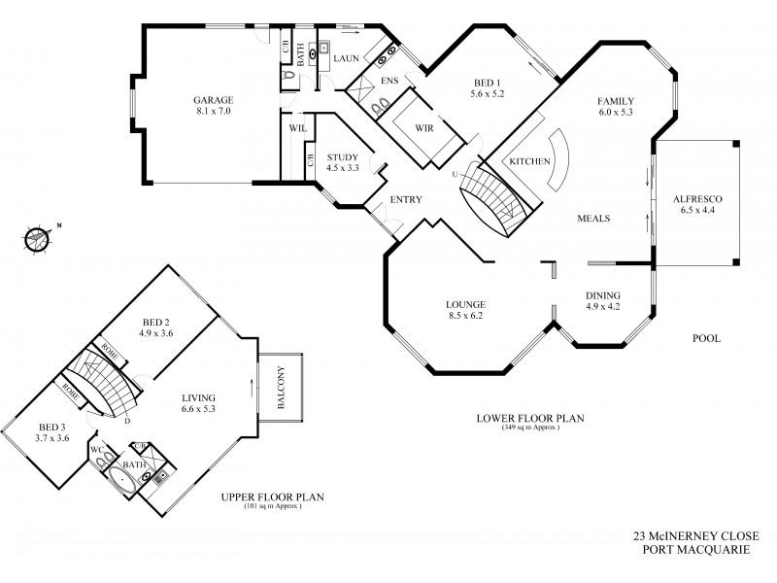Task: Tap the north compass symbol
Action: (x=38, y=235)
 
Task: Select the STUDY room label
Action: (x=342, y=157)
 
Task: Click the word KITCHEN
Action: (x=531, y=160)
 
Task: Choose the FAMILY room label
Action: (x=616, y=101)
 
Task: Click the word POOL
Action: (x=705, y=339)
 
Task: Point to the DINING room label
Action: (x=602, y=296)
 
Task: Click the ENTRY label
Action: (x=405, y=199)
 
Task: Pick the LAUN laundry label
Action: (x=347, y=58)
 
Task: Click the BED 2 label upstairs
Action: (x=155, y=323)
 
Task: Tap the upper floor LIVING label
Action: (x=198, y=397)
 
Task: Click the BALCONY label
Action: (x=281, y=390)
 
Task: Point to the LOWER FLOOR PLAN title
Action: (x=531, y=419)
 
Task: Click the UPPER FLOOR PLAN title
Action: (x=271, y=497)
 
